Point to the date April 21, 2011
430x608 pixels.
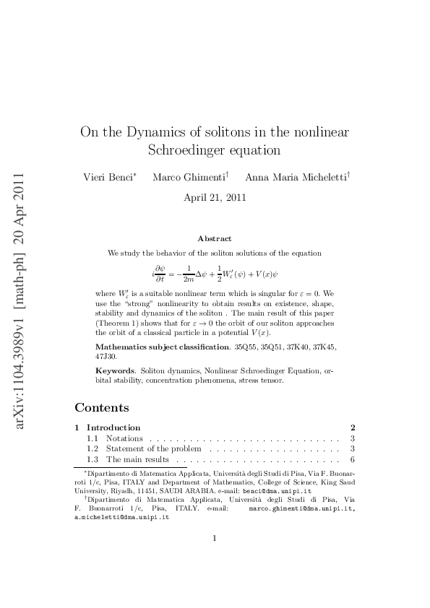[x=215, y=196]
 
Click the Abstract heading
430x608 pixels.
[x=215, y=238]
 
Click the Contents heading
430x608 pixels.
[x=102, y=408]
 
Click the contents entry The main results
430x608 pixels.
[x=137, y=460]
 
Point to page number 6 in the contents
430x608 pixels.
[x=352, y=460]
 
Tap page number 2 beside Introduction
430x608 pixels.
[x=352, y=427]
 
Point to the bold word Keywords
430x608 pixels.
[x=114, y=370]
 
